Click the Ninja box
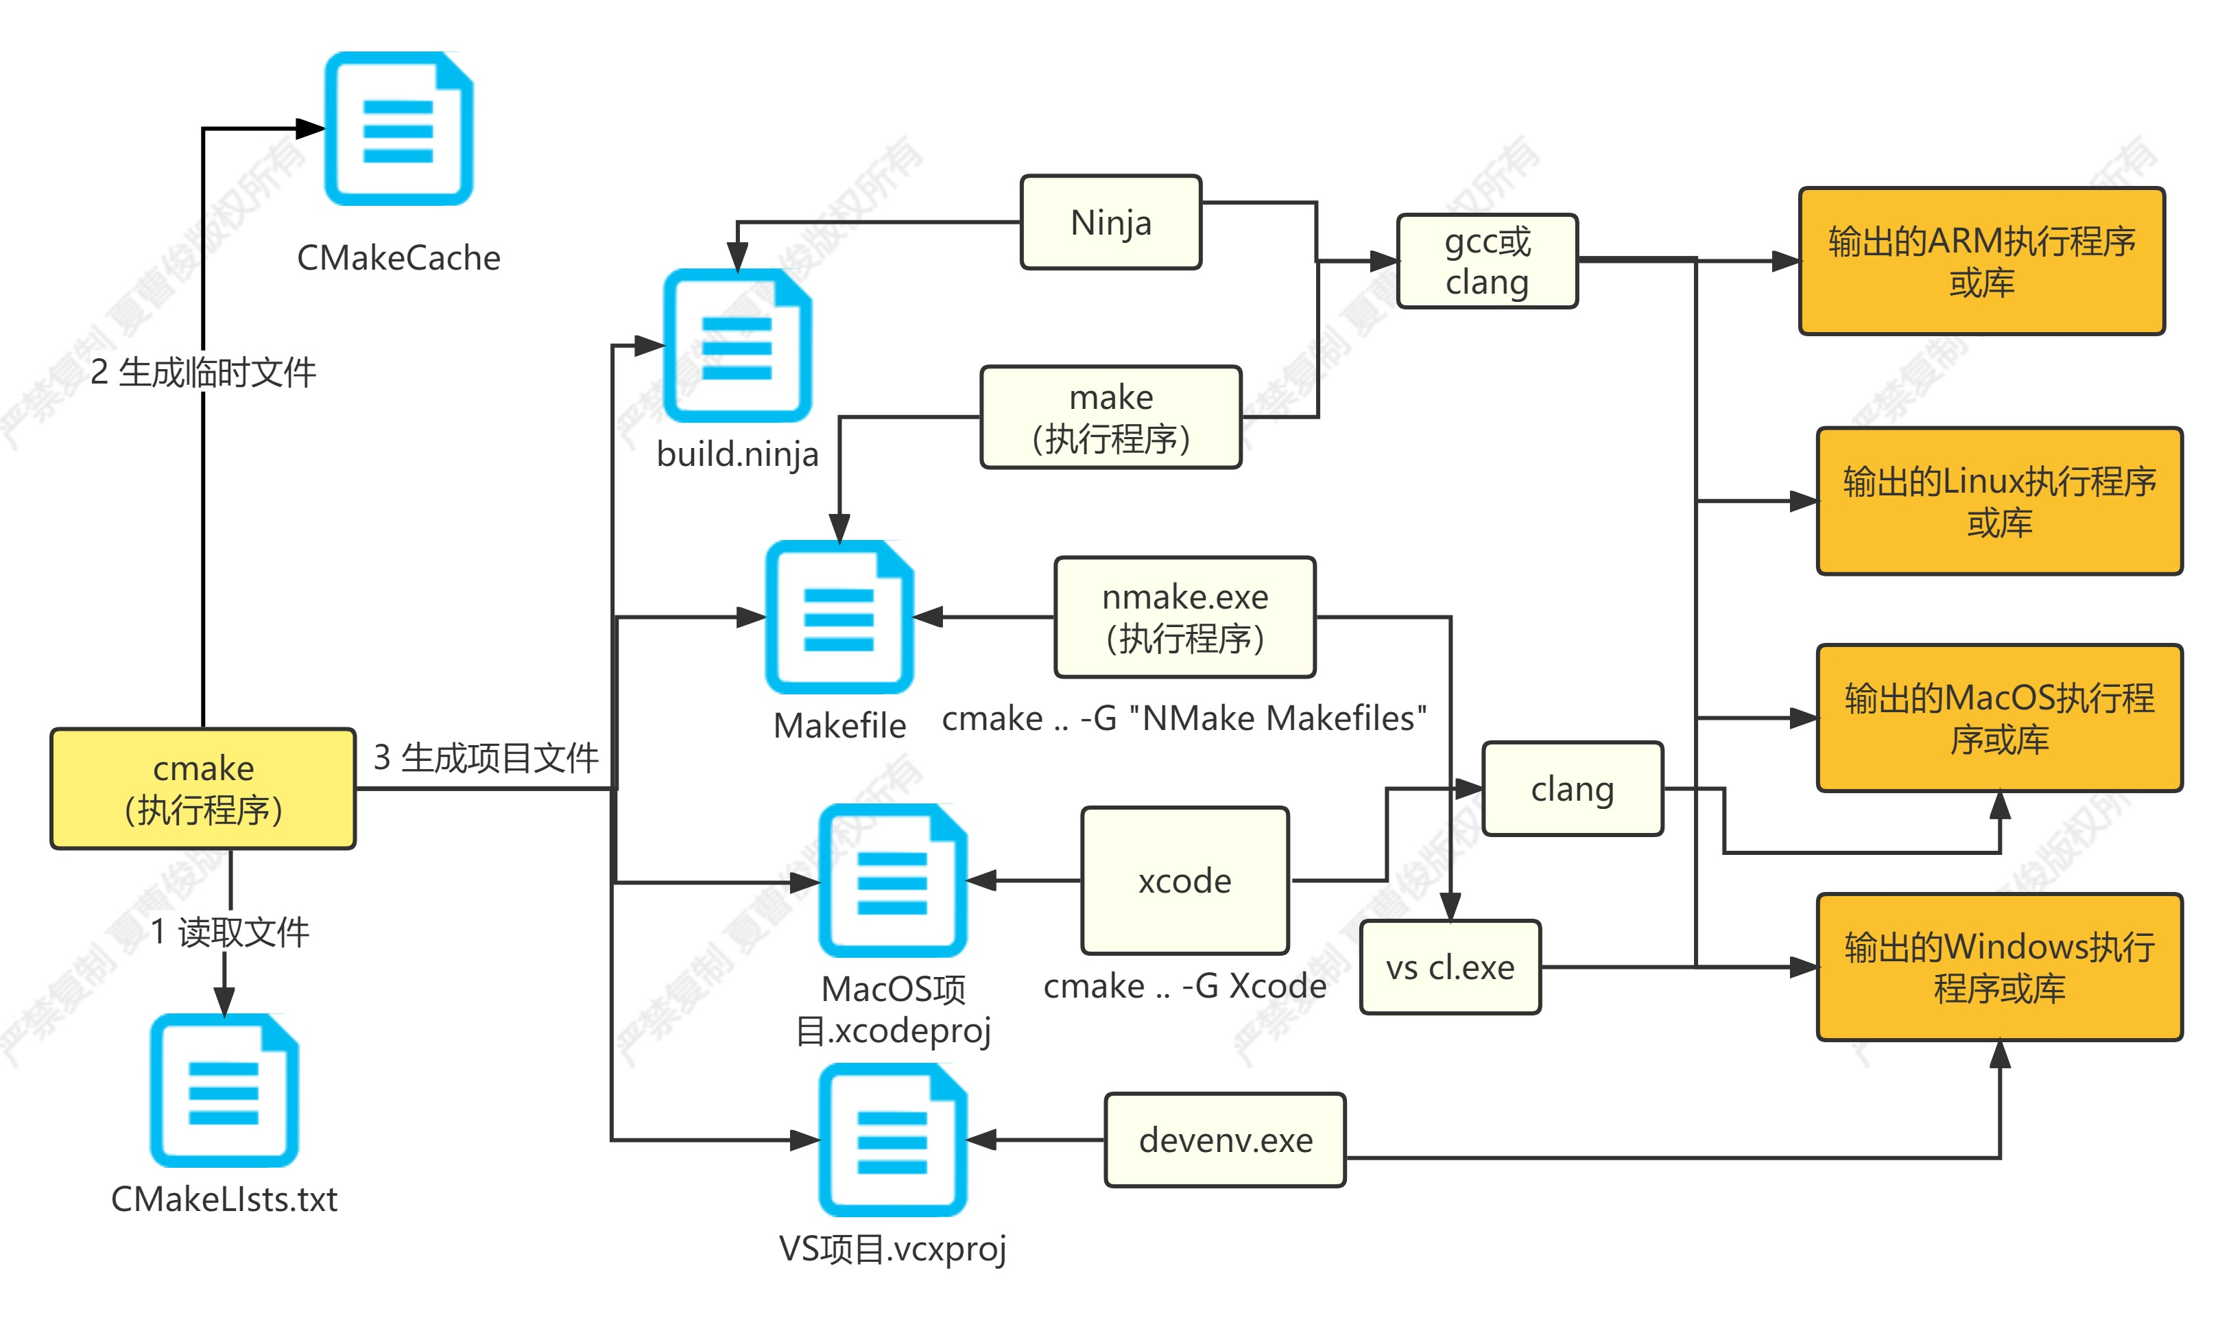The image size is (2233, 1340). point(1110,222)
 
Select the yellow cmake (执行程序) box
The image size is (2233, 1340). point(203,788)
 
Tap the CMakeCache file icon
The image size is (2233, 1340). point(398,129)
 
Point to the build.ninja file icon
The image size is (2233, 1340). point(737,346)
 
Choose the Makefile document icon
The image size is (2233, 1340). point(839,618)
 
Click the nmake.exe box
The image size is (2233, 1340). point(1184,617)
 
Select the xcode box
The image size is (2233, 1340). point(1184,880)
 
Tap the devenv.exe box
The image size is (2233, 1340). point(1225,1140)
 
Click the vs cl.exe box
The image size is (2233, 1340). point(1450,967)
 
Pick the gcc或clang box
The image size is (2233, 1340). point(1487,261)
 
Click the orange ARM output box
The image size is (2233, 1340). point(1981,261)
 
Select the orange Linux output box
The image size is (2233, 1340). point(1999,501)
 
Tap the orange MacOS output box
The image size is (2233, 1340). point(1999,718)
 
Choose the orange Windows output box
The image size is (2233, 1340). point(1999,967)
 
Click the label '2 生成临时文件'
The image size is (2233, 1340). point(203,372)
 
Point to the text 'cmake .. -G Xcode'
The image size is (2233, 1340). point(1184,985)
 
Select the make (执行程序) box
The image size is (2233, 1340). point(1110,417)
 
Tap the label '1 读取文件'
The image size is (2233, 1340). point(230,932)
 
